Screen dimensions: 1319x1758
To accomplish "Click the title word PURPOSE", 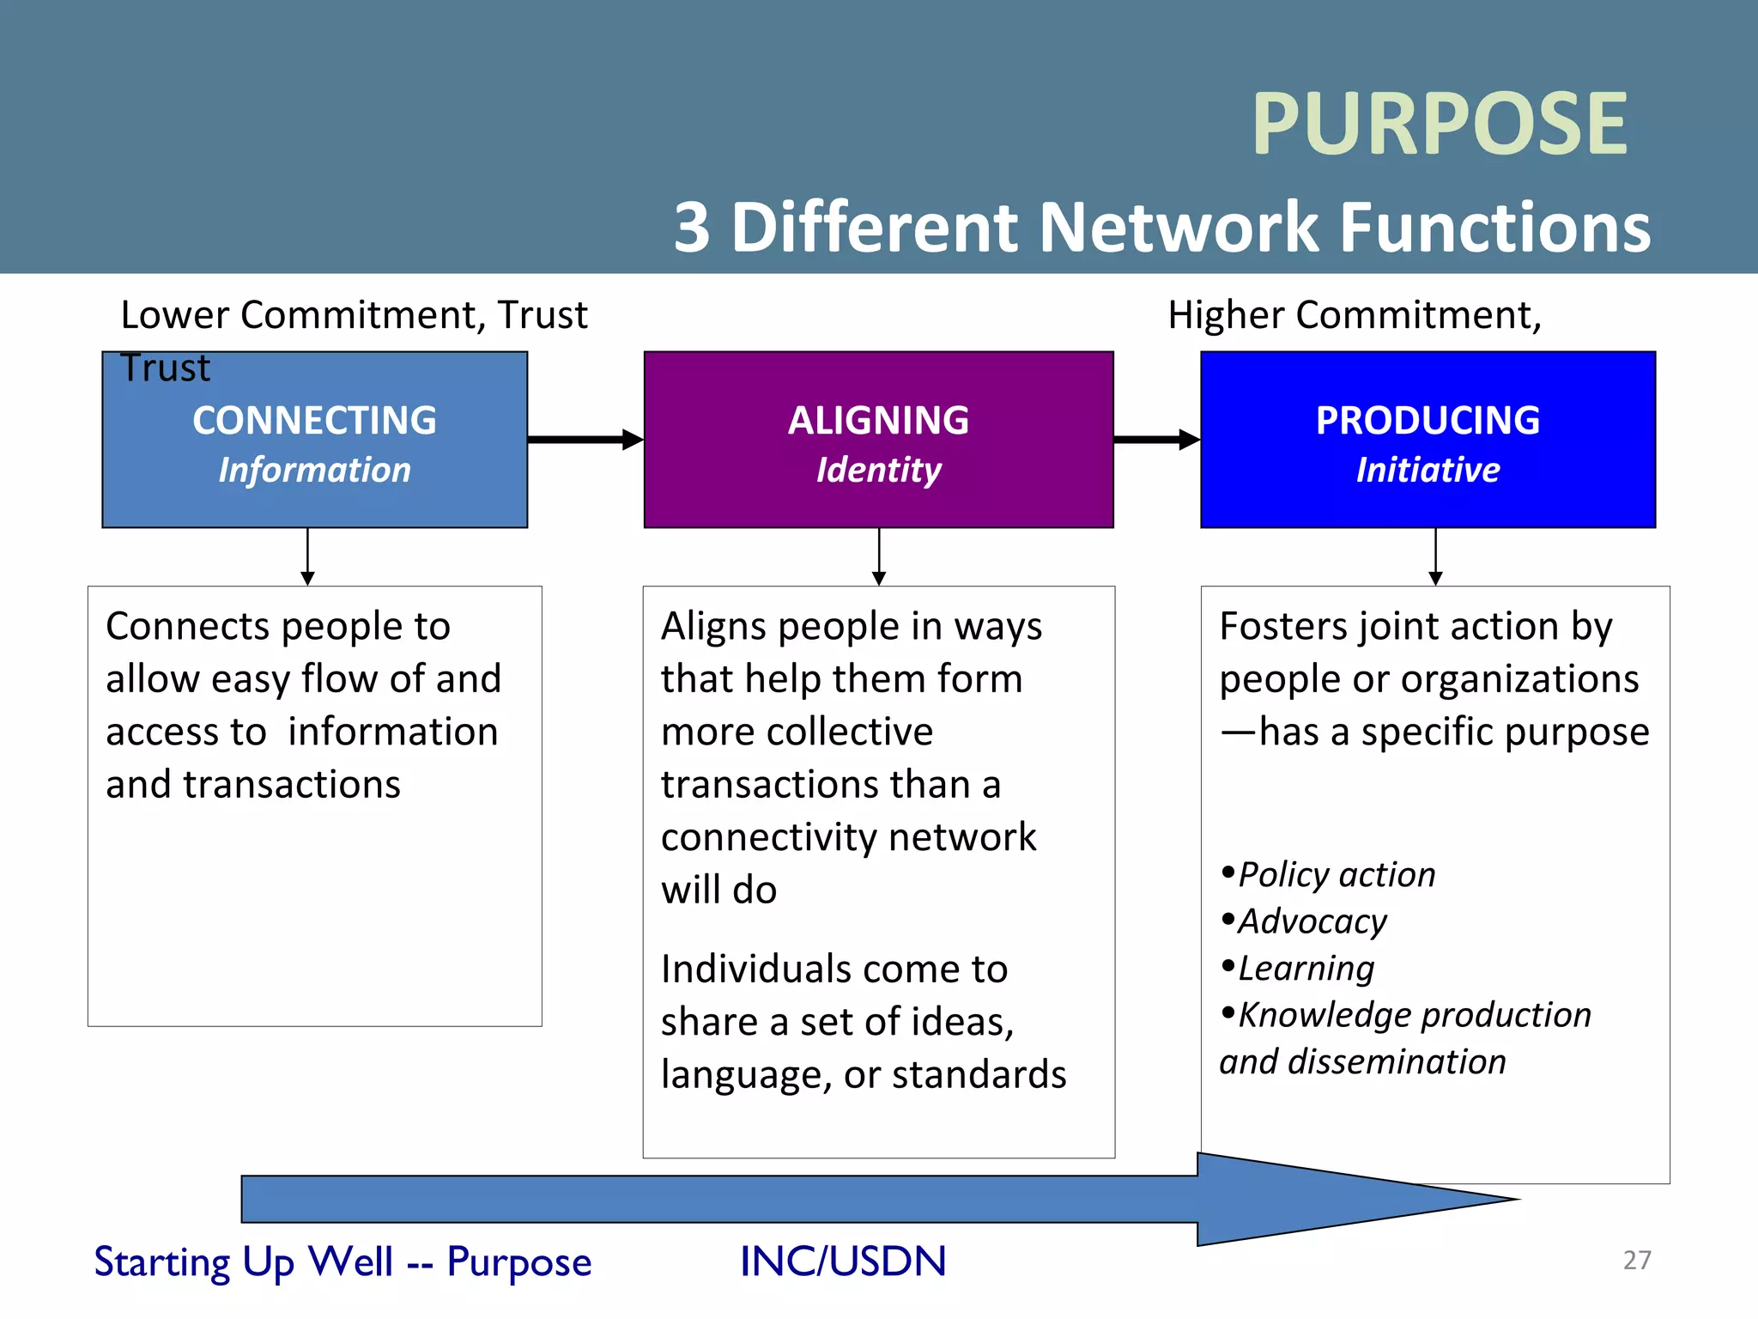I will click(x=1440, y=125).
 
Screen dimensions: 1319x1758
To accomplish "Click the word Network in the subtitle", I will click(x=1179, y=228).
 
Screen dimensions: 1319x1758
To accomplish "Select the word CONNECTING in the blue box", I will click(x=314, y=421).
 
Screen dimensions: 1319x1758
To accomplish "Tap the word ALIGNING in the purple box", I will click(x=878, y=421).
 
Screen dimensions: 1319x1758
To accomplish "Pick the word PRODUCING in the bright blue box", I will click(x=1428, y=421).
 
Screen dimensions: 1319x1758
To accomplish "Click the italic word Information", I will click(x=314, y=471).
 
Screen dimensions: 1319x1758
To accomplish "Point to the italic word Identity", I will click(x=878, y=471).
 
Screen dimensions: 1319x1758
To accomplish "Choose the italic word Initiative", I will click(x=1428, y=471).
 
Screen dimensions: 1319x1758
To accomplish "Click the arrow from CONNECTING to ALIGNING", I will click(x=585, y=440).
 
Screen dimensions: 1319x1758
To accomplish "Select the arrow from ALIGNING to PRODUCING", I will click(x=1155, y=440).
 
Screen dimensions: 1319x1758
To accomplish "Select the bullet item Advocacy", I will click(x=1312, y=921).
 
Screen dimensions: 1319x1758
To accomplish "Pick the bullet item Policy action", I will click(x=1337, y=875).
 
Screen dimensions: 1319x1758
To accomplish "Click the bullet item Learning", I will click(x=1306, y=969).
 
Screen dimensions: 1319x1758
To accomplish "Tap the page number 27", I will click(x=1636, y=1260).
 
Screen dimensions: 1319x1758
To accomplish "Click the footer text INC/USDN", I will click(x=843, y=1261).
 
